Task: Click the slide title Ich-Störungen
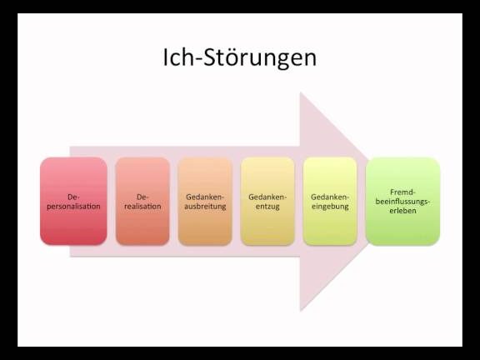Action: click(239, 57)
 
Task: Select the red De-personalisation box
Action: click(73, 201)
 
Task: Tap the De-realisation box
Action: click(142, 201)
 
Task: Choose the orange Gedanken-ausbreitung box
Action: click(205, 201)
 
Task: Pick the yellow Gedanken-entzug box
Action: click(267, 201)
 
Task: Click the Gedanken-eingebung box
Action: click(330, 201)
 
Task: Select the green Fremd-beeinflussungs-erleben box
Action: click(402, 201)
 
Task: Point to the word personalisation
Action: click(73, 207)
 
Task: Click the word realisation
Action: click(142, 207)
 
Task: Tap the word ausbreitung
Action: click(205, 207)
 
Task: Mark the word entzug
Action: click(267, 207)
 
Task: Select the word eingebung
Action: click(330, 207)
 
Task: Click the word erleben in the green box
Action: click(402, 211)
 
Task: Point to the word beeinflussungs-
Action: click(402, 202)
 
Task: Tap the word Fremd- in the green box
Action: click(402, 192)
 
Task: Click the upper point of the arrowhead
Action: click(300, 92)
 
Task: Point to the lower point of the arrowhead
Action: click(300, 310)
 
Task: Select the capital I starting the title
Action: click(165, 57)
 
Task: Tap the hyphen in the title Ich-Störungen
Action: click(197, 59)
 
